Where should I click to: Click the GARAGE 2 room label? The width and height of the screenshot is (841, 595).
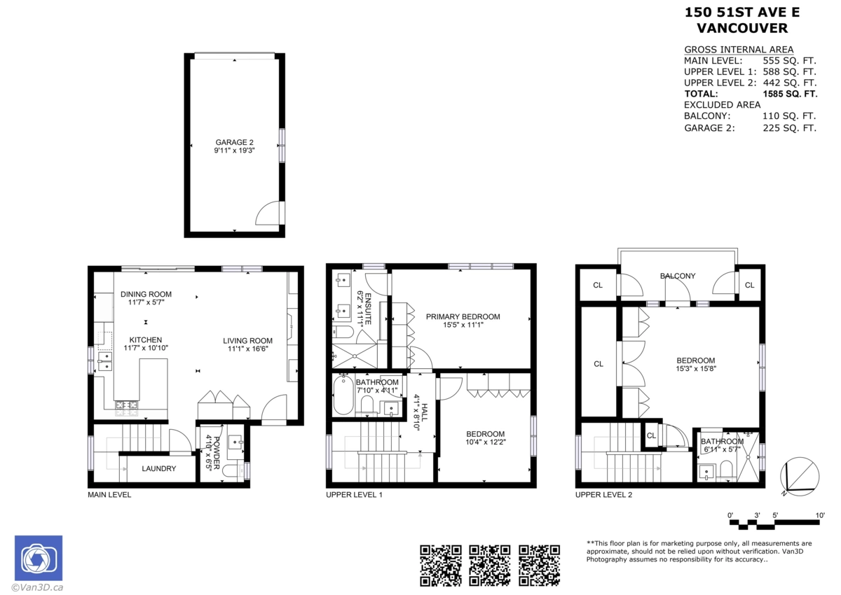pyautogui.click(x=234, y=142)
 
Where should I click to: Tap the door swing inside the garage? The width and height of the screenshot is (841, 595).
pyautogui.click(x=270, y=213)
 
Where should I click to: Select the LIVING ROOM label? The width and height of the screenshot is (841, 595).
pyautogui.click(x=247, y=341)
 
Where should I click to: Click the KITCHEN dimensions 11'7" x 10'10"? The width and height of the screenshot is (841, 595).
pyautogui.click(x=145, y=348)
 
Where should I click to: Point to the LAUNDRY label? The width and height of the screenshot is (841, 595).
pyautogui.click(x=159, y=468)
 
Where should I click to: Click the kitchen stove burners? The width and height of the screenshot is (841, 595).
pyautogui.click(x=126, y=404)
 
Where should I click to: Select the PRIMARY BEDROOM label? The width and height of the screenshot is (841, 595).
pyautogui.click(x=463, y=316)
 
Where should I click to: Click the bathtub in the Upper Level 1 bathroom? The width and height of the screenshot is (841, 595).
pyautogui.click(x=343, y=396)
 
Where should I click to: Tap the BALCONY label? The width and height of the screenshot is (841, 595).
pyautogui.click(x=678, y=276)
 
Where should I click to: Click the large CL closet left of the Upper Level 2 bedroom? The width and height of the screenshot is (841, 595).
pyautogui.click(x=598, y=364)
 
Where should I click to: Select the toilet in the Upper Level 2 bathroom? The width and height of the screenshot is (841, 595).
pyautogui.click(x=726, y=468)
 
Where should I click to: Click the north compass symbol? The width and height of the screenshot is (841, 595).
pyautogui.click(x=800, y=475)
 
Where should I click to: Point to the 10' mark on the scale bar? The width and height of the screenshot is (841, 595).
pyautogui.click(x=820, y=516)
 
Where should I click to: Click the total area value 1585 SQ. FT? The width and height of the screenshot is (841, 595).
pyautogui.click(x=789, y=94)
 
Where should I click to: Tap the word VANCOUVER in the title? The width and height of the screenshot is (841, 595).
pyautogui.click(x=741, y=29)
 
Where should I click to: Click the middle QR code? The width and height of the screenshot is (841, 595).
pyautogui.click(x=488, y=565)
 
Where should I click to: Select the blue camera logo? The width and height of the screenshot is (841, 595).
pyautogui.click(x=39, y=559)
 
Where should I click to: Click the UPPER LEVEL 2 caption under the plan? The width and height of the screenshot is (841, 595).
pyautogui.click(x=603, y=495)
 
